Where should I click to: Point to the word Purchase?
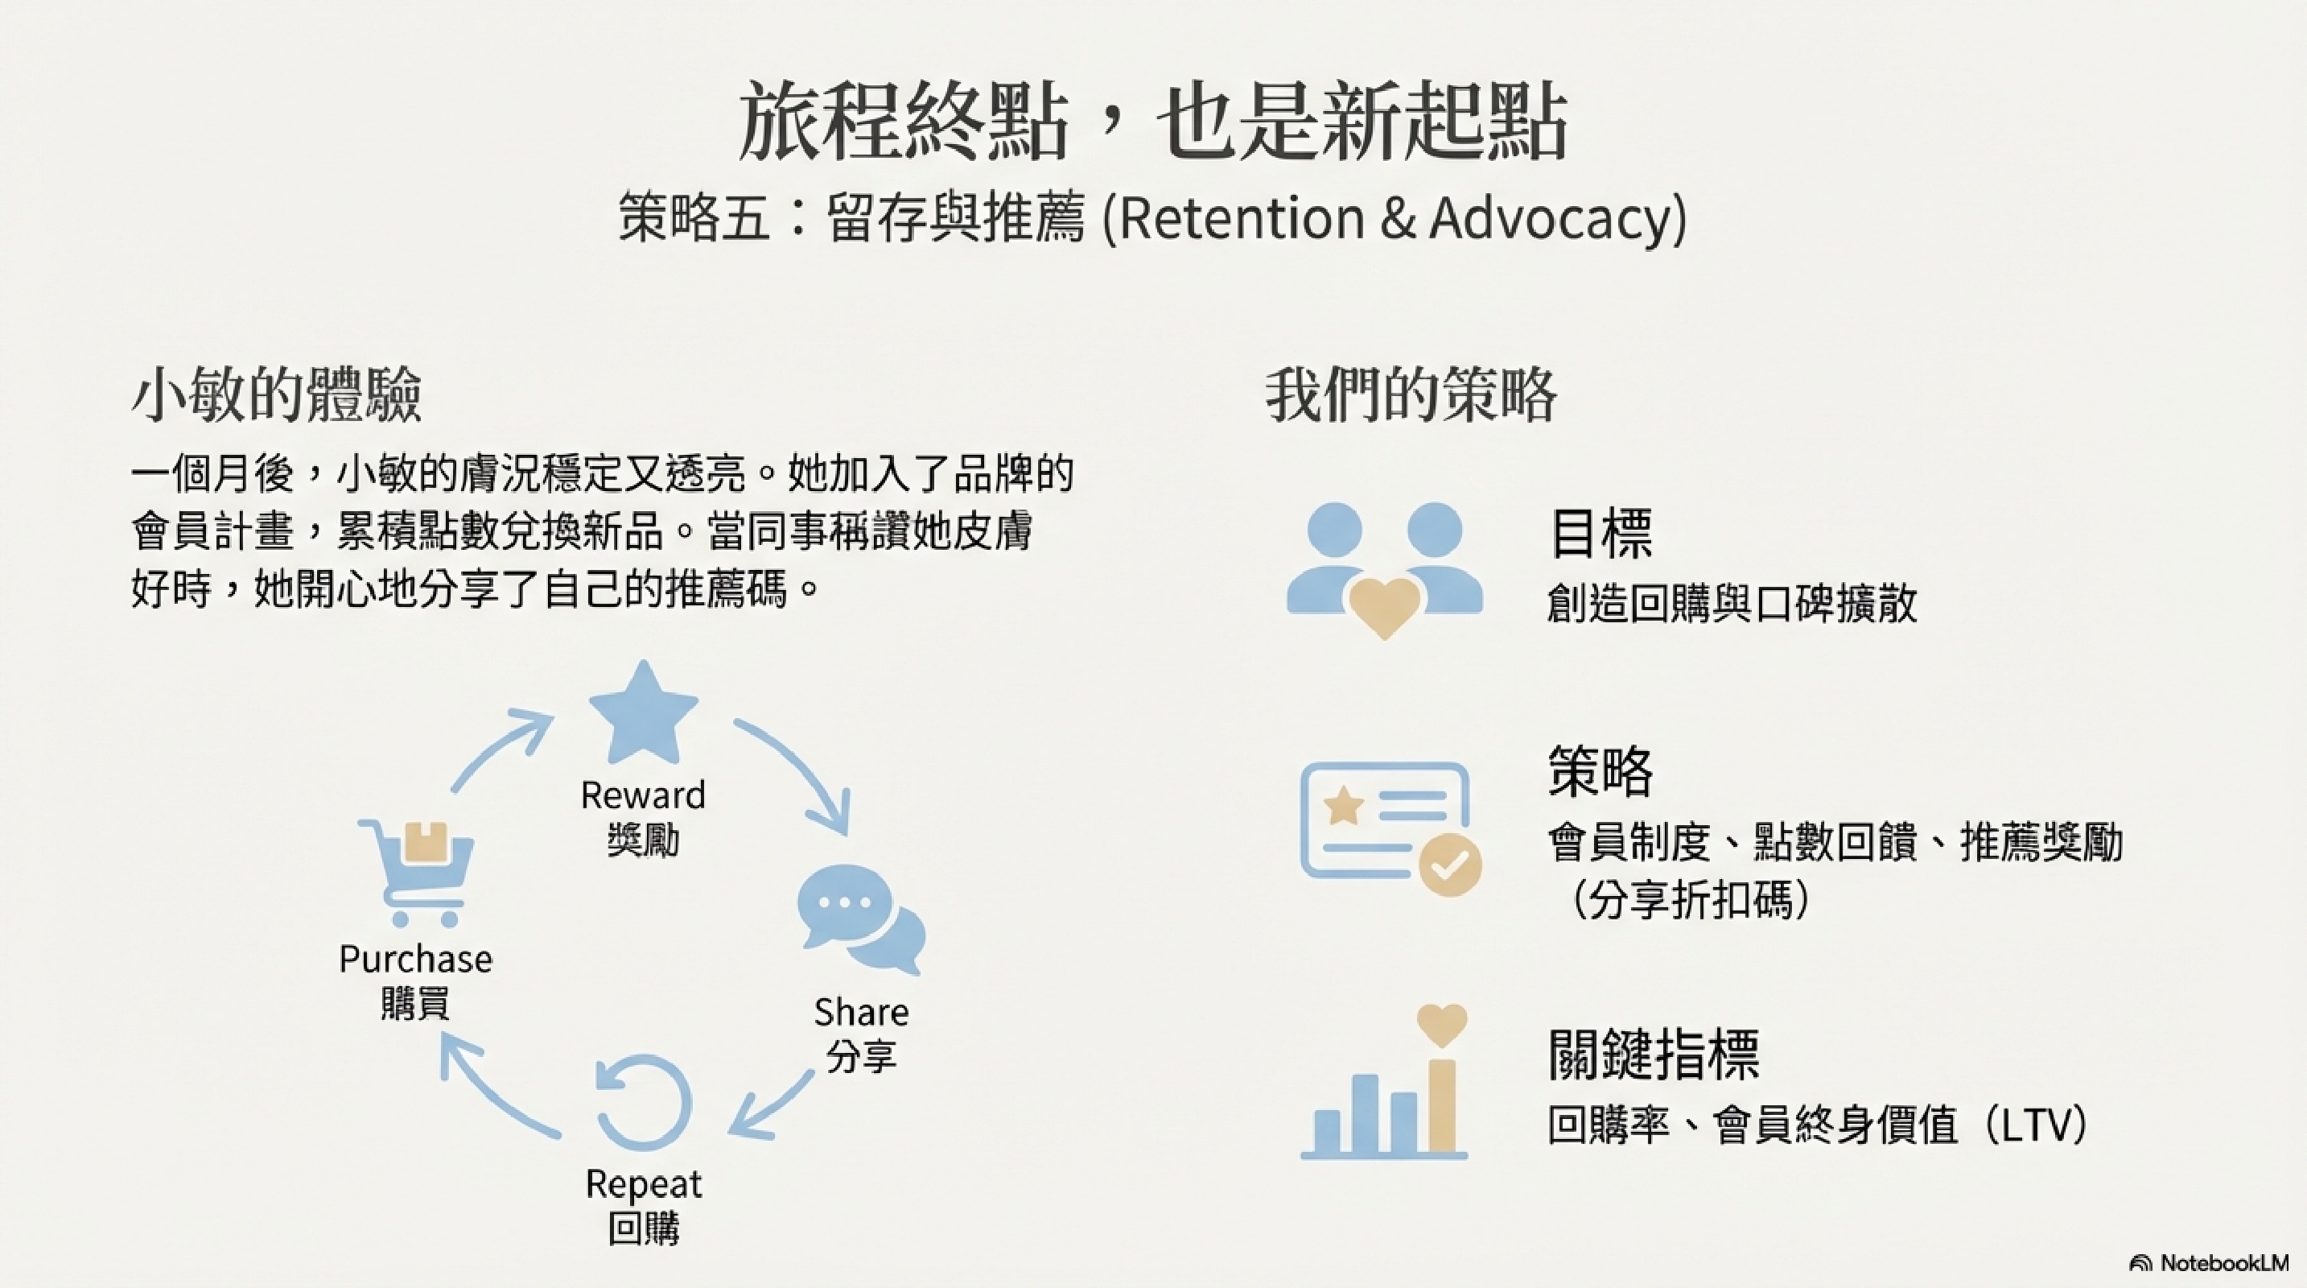click(x=415, y=960)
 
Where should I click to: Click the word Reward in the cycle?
click(x=643, y=795)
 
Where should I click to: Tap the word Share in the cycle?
click(x=861, y=1012)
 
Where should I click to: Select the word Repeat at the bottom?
click(x=643, y=1184)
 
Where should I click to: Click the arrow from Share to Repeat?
click(x=772, y=1105)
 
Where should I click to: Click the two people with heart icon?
click(x=1385, y=568)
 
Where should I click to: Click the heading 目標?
click(x=1600, y=533)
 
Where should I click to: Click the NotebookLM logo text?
click(x=2223, y=1263)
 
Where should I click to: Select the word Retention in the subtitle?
click(x=1242, y=217)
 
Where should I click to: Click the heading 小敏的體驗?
click(x=276, y=394)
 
